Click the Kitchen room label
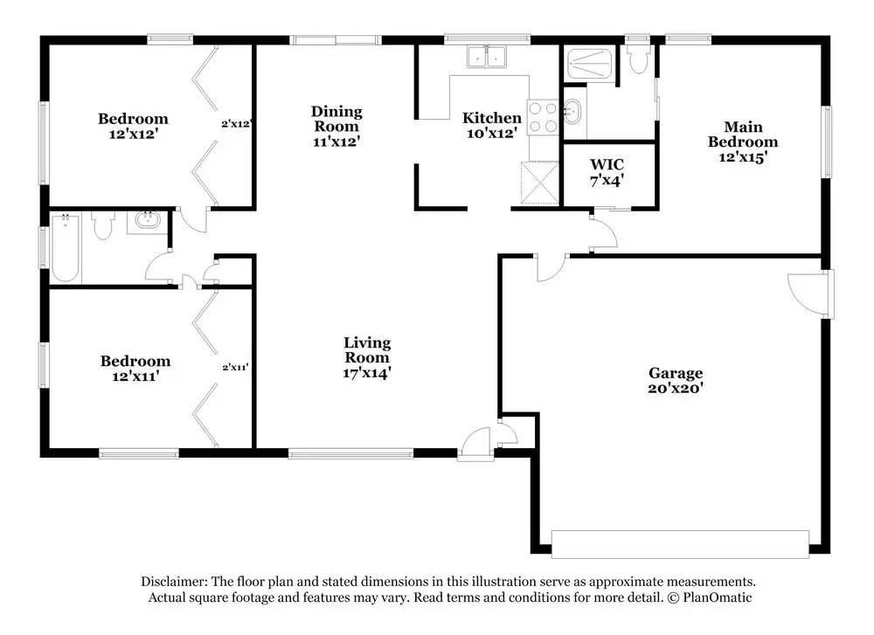491,118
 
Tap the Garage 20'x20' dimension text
675,388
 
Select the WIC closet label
607,165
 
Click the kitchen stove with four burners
543,117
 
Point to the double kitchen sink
487,57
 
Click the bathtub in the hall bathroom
66,248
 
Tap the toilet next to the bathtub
103,225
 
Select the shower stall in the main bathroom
589,65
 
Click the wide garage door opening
680,544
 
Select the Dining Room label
336,119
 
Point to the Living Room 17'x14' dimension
367,373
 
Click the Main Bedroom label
743,135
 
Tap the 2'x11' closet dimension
235,367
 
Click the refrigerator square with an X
539,183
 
